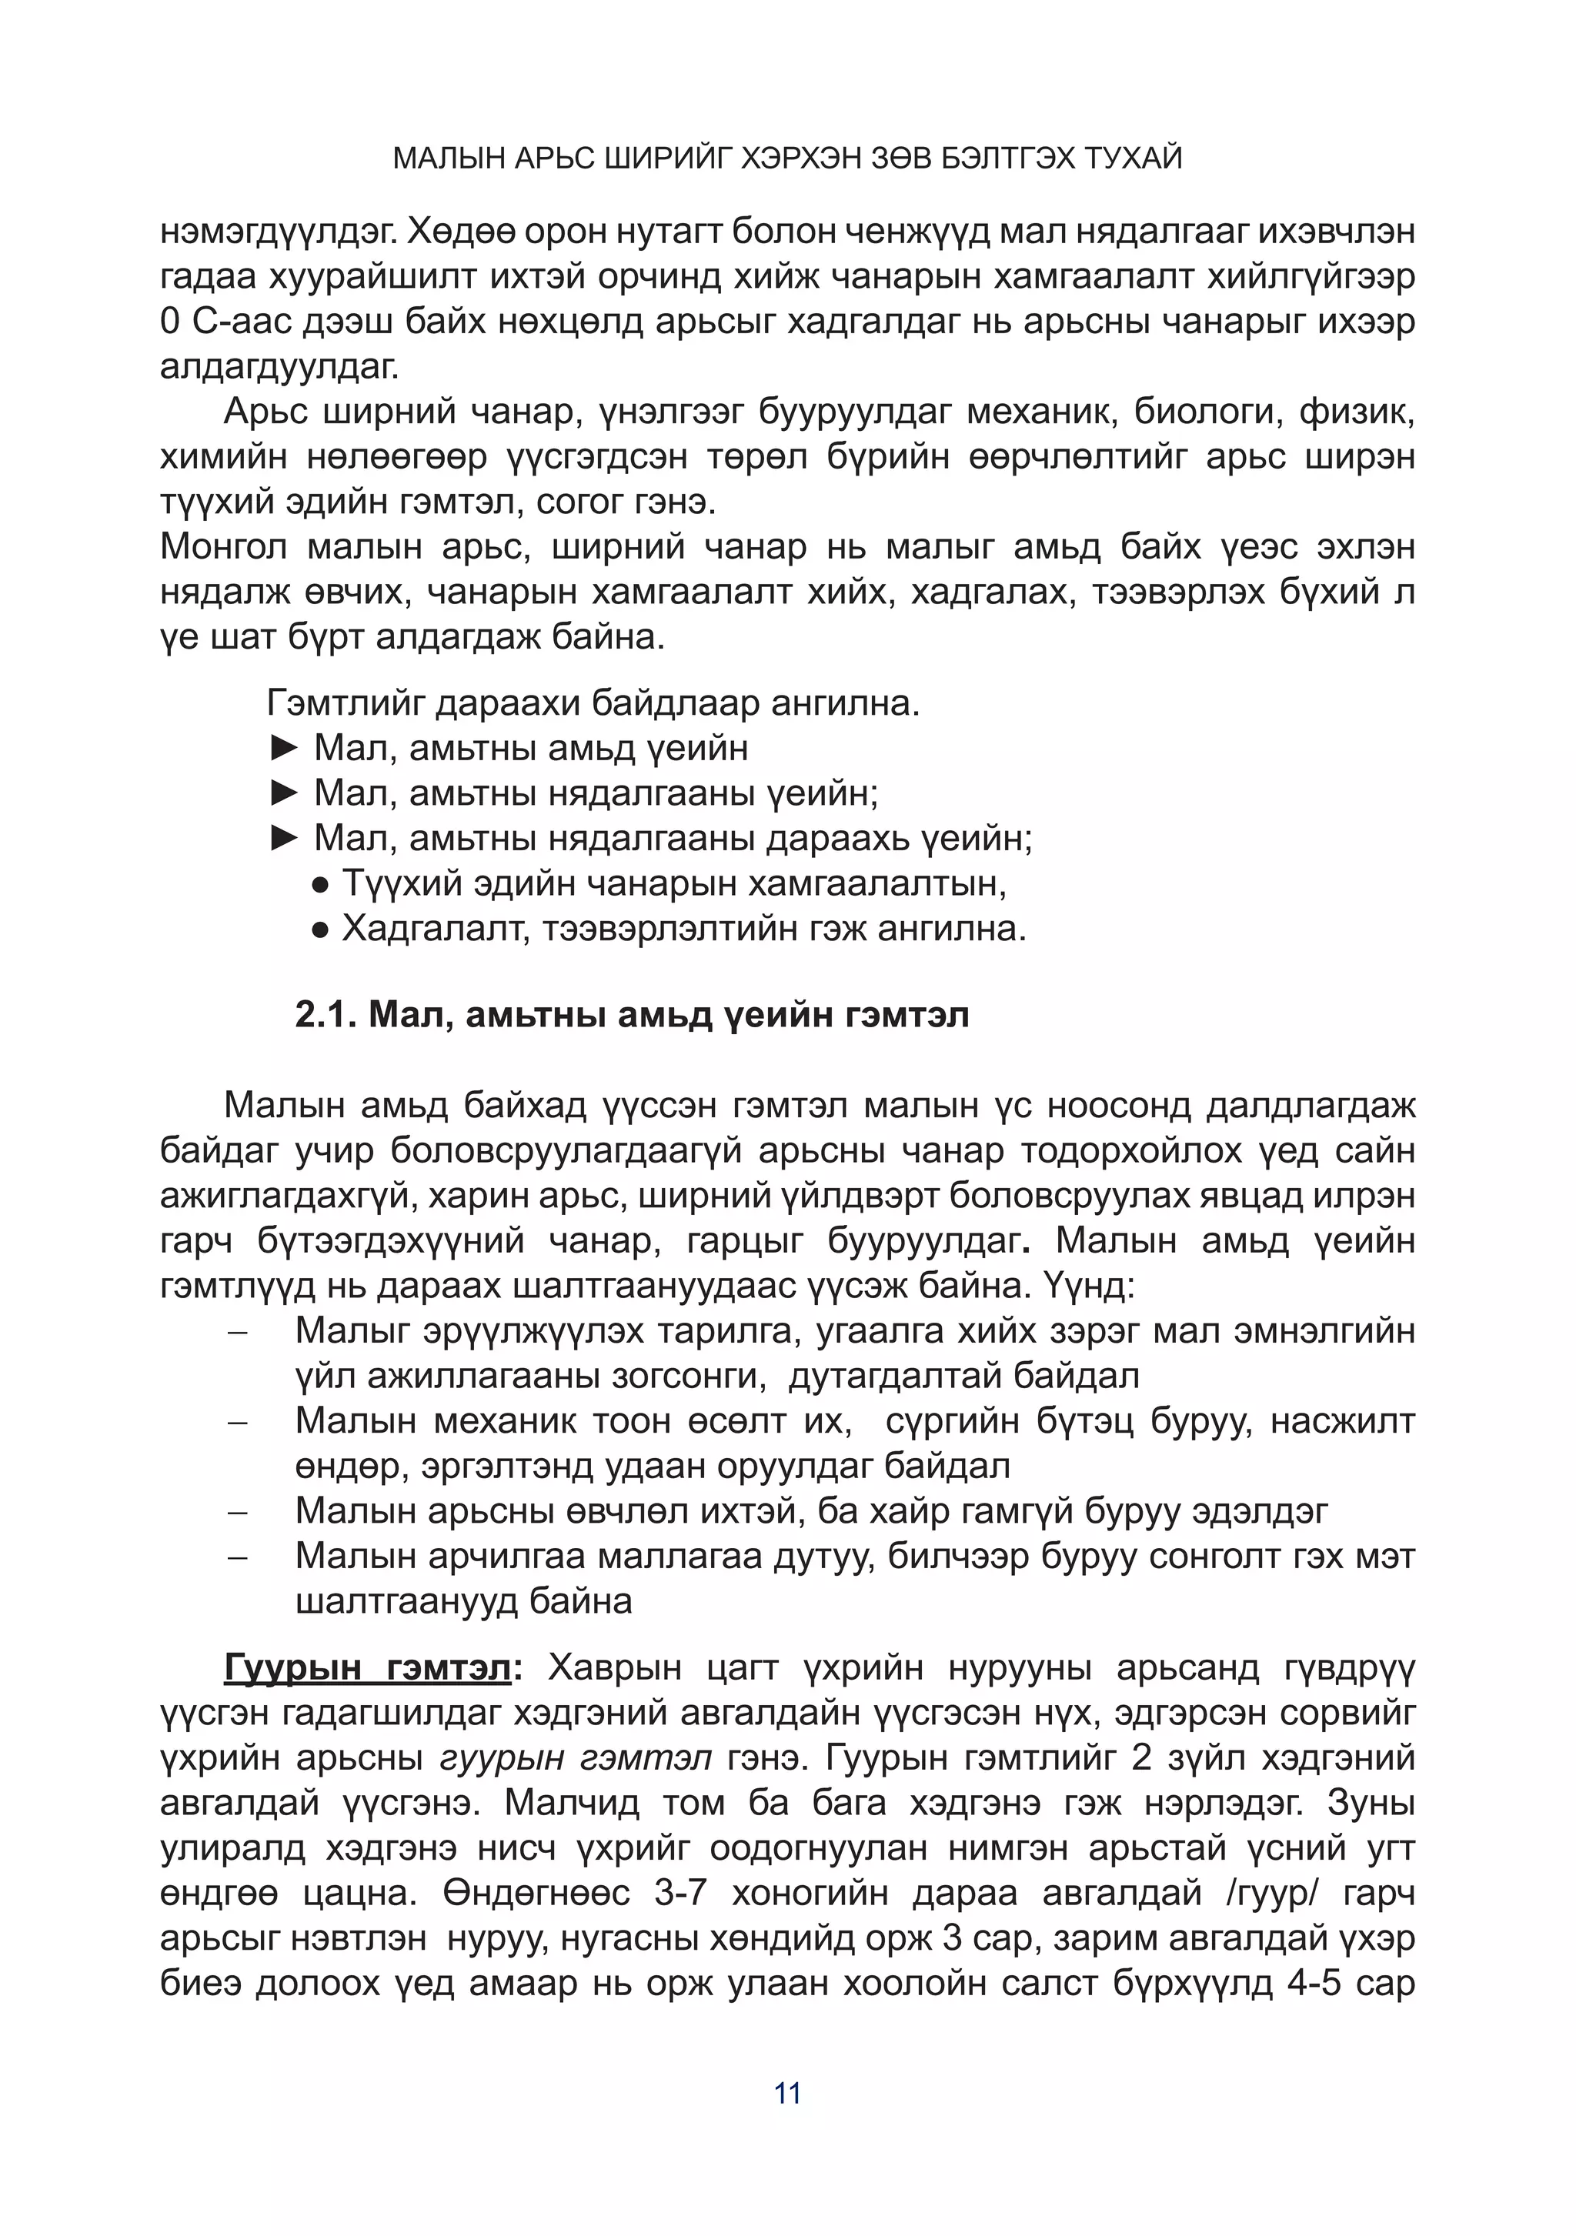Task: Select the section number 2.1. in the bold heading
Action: [x=326, y=1016]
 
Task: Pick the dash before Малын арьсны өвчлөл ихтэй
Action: [x=238, y=1513]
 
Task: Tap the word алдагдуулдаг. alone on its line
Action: [x=279, y=367]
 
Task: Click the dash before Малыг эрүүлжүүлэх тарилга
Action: [x=238, y=1331]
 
